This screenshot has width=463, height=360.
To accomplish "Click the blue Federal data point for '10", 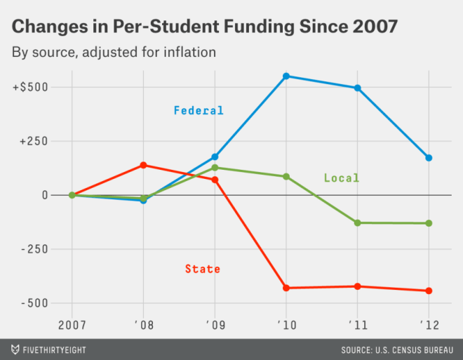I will click(286, 76).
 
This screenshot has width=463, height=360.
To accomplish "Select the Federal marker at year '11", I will click(358, 88).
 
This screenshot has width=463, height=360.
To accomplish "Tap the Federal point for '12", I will click(429, 158).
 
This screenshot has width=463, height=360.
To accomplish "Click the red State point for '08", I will click(143, 165).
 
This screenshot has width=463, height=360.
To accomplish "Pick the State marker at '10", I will click(286, 288).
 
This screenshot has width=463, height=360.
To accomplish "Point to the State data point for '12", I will click(429, 291).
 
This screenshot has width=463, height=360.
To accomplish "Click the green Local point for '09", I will click(215, 168).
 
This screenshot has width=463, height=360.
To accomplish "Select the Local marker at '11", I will click(358, 222).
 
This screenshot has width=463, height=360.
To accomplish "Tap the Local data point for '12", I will click(429, 223).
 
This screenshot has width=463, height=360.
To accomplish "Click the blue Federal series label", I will click(199, 110).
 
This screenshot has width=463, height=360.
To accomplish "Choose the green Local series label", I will click(341, 178).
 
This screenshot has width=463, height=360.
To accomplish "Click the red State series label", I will click(203, 269).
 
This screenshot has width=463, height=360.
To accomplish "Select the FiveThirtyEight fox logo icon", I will click(15, 349).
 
